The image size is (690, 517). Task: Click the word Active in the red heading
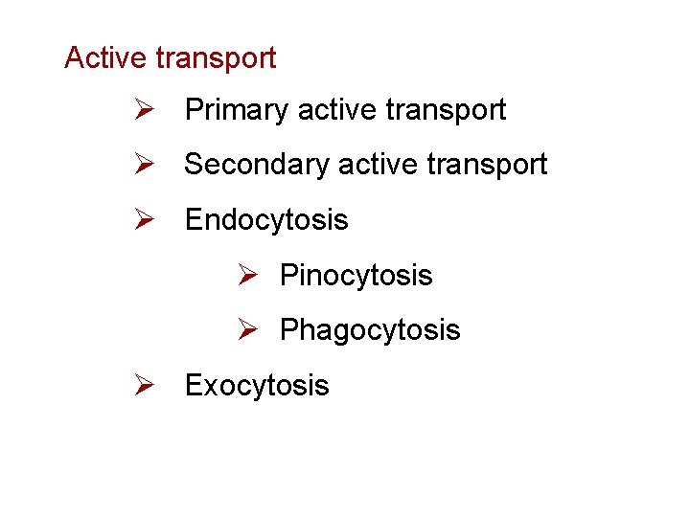(x=104, y=58)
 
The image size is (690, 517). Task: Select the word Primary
(x=238, y=111)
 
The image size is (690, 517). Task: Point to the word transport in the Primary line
(x=447, y=111)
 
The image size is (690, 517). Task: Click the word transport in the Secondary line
(x=488, y=166)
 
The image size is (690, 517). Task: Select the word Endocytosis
(x=266, y=221)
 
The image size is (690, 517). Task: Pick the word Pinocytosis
(x=356, y=277)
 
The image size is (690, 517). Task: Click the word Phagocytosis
(x=370, y=331)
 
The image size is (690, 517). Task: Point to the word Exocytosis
(x=257, y=386)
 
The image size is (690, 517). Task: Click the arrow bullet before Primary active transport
(x=145, y=111)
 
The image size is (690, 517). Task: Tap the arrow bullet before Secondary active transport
(x=145, y=166)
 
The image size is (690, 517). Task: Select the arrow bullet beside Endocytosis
(x=145, y=220)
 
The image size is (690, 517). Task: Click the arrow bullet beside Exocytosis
(x=145, y=386)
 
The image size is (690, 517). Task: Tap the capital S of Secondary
(x=194, y=165)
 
